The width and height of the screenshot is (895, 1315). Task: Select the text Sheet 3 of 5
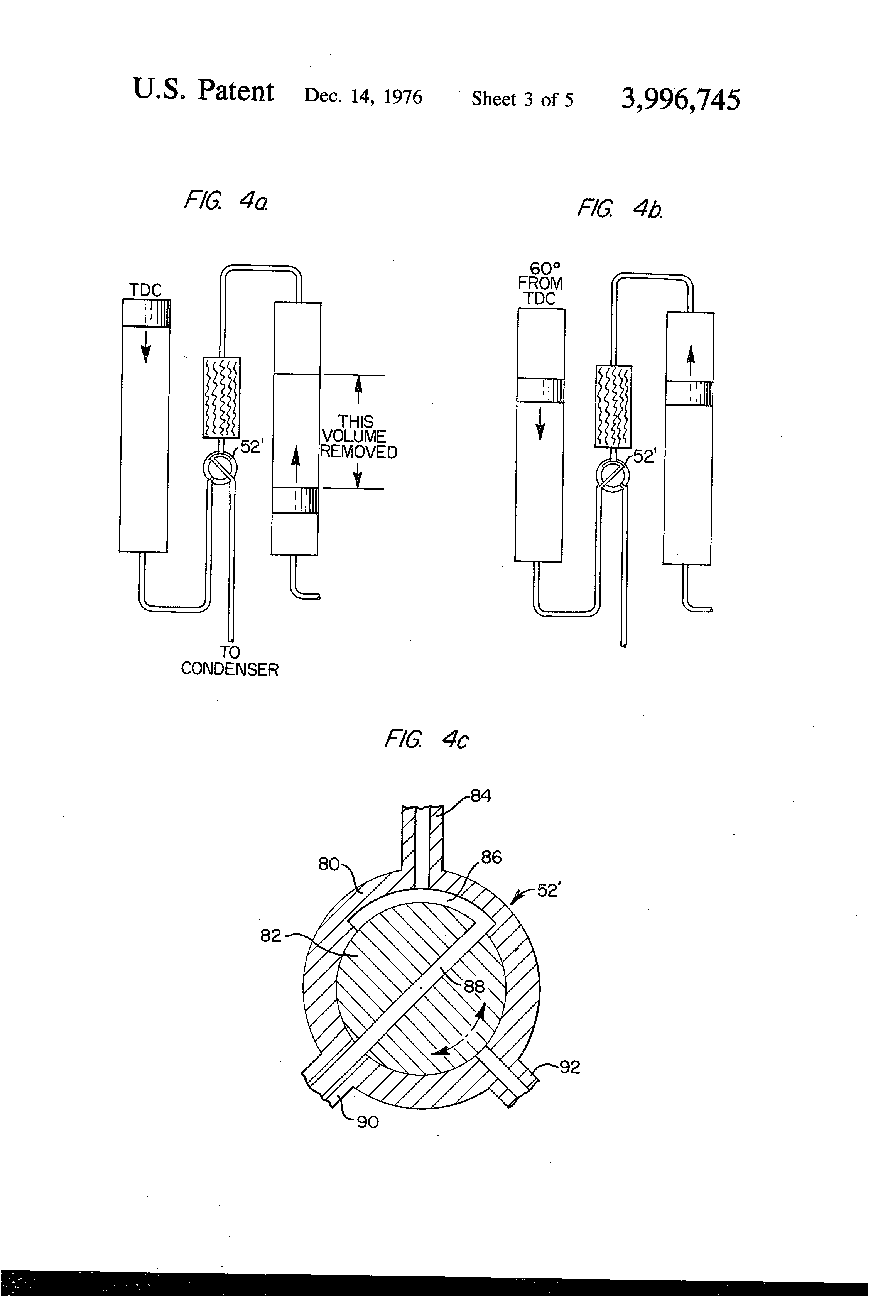(522, 100)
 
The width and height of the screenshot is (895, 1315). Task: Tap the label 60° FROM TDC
(540, 283)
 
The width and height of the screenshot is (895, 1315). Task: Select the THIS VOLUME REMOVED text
(357, 437)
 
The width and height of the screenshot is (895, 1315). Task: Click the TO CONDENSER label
(230, 661)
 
